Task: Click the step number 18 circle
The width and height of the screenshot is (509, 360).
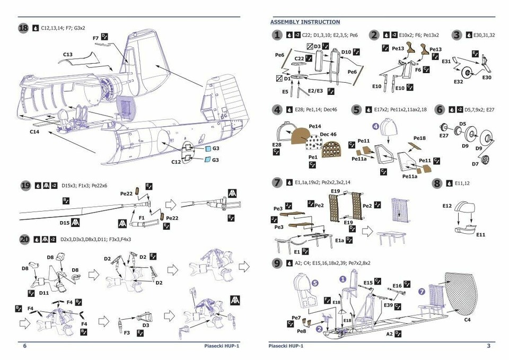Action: point(23,28)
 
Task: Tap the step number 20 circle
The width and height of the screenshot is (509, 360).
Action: point(25,240)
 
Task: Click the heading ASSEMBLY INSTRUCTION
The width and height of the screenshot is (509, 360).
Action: point(305,22)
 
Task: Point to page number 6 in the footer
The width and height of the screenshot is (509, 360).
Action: point(24,346)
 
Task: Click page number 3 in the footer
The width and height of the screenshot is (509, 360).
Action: point(488,346)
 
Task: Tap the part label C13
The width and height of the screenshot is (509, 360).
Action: point(68,54)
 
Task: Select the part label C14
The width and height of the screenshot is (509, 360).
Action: point(34,131)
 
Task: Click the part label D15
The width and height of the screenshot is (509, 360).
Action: point(65,223)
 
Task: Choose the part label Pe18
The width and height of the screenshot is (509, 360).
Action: point(419,138)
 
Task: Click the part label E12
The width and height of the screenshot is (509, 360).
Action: point(447,205)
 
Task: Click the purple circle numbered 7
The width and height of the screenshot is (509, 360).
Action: point(422,292)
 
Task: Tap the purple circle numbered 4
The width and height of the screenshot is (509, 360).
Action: point(375,127)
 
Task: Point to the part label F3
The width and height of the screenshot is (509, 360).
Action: point(126,332)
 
